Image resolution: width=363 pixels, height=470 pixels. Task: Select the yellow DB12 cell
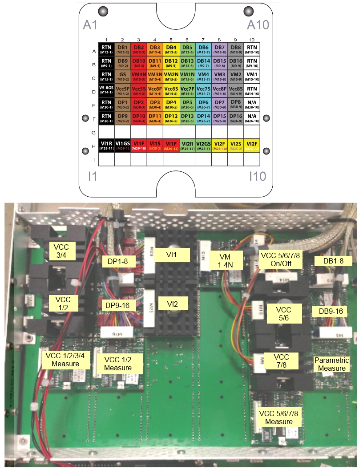171,62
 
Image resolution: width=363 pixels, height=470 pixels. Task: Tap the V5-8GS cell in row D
106,91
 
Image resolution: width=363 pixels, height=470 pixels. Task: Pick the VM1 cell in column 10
252,76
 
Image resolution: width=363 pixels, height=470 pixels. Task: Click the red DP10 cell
139,118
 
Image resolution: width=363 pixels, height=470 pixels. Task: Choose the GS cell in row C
122,76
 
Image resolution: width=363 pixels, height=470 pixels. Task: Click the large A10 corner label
258,24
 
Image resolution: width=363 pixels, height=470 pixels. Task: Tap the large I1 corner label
92,176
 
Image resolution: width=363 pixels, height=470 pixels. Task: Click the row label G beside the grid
93,132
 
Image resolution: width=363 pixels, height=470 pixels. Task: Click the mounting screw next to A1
103,10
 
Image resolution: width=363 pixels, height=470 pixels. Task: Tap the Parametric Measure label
332,364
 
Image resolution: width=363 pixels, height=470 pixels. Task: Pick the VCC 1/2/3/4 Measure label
66,360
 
